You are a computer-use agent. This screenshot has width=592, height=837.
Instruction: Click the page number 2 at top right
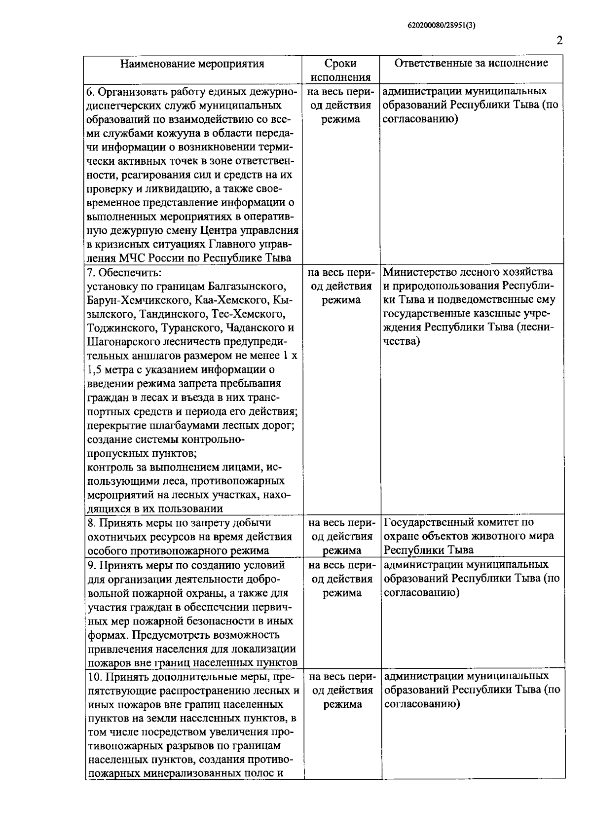coord(559,41)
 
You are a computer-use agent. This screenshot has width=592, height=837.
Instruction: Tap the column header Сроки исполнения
coord(340,70)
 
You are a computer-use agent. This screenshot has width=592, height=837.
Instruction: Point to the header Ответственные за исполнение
coord(472,63)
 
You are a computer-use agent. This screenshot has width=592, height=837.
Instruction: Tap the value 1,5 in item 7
coord(95,369)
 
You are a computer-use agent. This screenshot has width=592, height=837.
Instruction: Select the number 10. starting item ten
coord(94,676)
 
